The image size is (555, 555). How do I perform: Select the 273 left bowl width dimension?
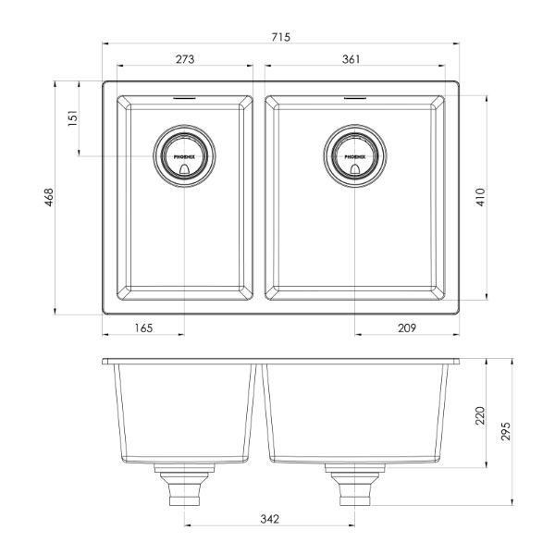[x=184, y=59]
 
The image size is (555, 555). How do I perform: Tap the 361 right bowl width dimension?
[x=351, y=59]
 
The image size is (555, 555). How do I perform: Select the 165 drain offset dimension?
[x=142, y=328]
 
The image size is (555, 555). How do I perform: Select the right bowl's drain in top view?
[x=355, y=154]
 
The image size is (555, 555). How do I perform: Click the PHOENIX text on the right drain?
[x=355, y=157]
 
